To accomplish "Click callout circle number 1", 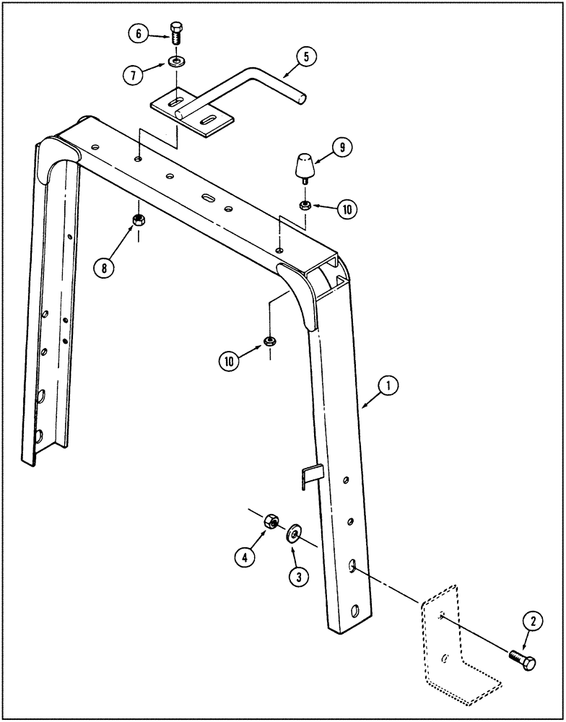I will click(388, 387).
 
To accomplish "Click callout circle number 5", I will click(305, 58).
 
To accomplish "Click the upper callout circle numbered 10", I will click(347, 209).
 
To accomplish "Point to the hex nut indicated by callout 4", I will click(273, 520).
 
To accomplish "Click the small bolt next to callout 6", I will click(176, 33).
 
